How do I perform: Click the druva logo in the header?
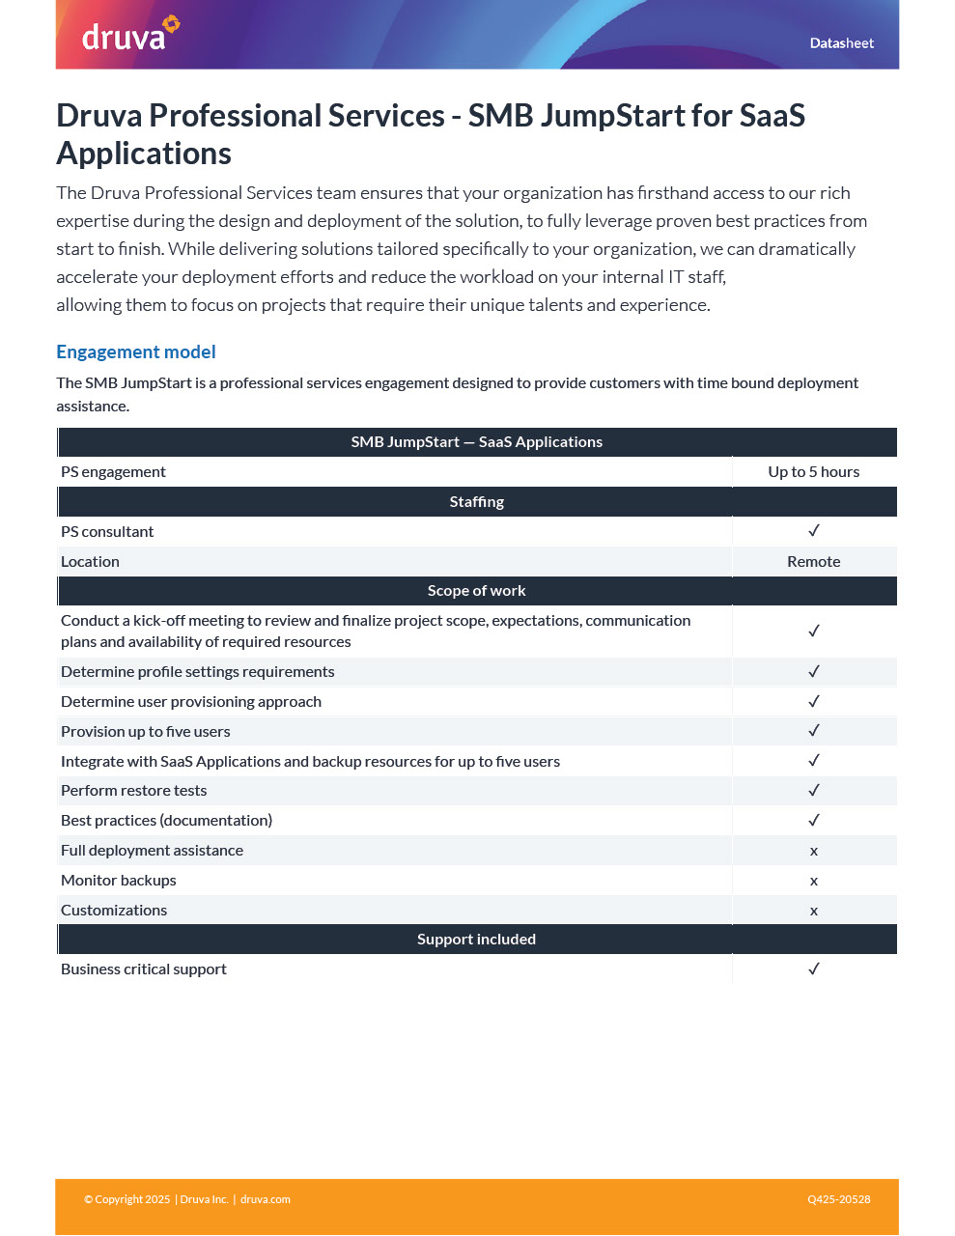[129, 35]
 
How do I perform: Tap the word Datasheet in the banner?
[841, 43]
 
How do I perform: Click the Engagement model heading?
[136, 352]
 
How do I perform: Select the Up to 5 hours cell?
[813, 472]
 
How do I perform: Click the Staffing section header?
[476, 502]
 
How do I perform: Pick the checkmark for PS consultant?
[814, 531]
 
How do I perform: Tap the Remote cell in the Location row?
[813, 562]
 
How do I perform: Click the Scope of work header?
[476, 591]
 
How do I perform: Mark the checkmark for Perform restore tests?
[814, 791]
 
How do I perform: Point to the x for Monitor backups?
[814, 881]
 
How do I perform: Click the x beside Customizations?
[814, 911]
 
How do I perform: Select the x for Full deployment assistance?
[814, 851]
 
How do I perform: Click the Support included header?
[476, 940]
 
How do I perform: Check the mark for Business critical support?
[814, 969]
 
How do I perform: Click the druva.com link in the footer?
[266, 1200]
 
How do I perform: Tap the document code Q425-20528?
[838, 1200]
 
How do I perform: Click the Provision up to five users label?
[146, 732]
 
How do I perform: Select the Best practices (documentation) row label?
[166, 821]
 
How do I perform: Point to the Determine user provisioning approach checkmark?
[814, 702]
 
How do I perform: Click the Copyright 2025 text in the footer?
[127, 1200]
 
